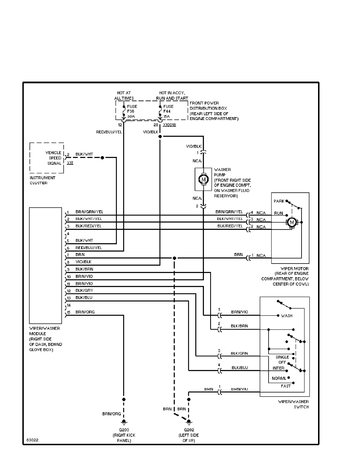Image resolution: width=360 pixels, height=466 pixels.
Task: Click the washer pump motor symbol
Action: tap(203, 179)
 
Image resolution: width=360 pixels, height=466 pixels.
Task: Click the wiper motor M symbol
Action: tap(291, 222)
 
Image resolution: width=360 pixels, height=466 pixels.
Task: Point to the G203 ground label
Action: tap(124, 430)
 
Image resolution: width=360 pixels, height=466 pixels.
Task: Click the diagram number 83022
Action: tap(33, 440)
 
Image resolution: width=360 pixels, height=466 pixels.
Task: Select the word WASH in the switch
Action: tap(287, 315)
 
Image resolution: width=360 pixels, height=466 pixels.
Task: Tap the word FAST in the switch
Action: tap(285, 386)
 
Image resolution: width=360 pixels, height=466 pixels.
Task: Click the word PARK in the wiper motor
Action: tap(279, 200)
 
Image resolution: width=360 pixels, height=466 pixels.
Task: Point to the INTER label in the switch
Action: tap(278, 368)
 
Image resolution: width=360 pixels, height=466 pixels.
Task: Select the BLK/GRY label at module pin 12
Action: tap(84, 290)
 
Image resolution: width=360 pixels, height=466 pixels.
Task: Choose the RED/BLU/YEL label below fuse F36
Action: tap(109, 132)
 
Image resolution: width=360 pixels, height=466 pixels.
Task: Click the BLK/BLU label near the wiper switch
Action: tap(239, 368)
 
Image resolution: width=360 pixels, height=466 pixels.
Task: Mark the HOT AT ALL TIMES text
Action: tap(124, 95)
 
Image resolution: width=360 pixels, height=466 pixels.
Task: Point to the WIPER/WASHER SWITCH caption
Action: tap(293, 404)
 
